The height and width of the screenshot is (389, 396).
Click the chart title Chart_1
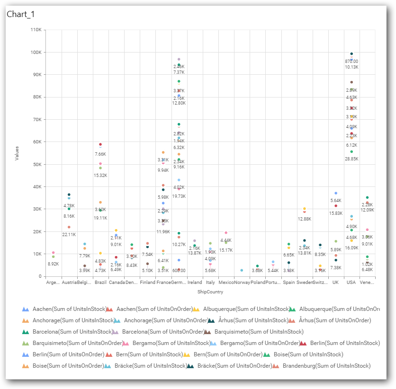(x=21, y=14)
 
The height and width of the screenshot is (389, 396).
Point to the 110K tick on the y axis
(x=36, y=30)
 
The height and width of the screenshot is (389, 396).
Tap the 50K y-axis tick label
(x=37, y=164)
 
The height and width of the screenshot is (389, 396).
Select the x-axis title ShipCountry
(x=210, y=292)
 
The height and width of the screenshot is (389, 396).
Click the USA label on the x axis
(x=351, y=282)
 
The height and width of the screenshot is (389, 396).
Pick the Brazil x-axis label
(x=100, y=282)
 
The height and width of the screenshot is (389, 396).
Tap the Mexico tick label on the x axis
(x=225, y=282)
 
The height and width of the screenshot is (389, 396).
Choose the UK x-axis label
(x=335, y=282)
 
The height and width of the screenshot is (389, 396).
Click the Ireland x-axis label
(x=195, y=282)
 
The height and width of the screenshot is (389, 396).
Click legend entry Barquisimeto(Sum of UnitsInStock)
(x=259, y=332)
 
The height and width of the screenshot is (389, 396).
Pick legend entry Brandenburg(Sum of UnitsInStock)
(x=326, y=366)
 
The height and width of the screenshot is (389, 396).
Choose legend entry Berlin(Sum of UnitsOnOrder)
(x=69, y=354)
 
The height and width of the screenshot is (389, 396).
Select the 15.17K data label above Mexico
(x=226, y=250)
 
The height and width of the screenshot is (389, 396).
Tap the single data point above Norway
(x=242, y=270)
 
